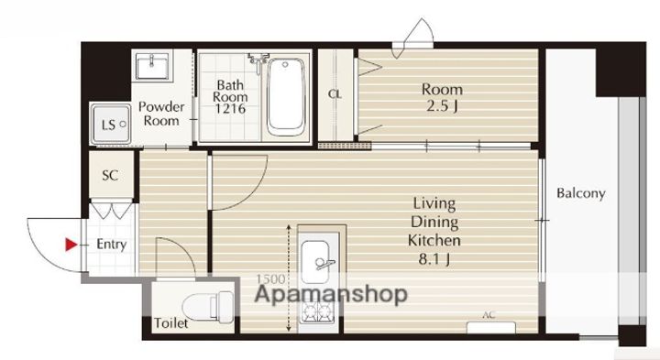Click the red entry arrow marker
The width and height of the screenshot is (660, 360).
click(71, 245)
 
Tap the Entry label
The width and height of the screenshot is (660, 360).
click(112, 245)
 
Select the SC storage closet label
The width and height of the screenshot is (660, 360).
click(110, 175)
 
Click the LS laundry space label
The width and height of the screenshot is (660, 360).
click(108, 125)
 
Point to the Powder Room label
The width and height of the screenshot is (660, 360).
click(161, 114)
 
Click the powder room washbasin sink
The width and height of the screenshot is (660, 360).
click(152, 66)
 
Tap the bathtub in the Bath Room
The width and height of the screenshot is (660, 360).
click(286, 97)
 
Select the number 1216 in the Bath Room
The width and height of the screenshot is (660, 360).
click(230, 109)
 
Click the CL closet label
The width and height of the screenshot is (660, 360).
click(335, 94)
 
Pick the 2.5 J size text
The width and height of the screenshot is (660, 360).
click(442, 105)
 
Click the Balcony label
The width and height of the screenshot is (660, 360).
click(581, 193)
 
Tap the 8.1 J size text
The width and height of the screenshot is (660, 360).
click(434, 259)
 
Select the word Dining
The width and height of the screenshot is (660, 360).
click(434, 222)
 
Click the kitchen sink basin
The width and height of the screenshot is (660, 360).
click(320, 262)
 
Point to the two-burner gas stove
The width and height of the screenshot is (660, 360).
click(319, 312)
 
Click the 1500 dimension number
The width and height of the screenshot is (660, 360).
click(270, 278)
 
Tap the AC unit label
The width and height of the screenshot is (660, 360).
click(489, 315)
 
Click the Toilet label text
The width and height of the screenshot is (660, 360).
click(170, 323)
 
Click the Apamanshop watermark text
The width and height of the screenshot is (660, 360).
click(331, 294)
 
